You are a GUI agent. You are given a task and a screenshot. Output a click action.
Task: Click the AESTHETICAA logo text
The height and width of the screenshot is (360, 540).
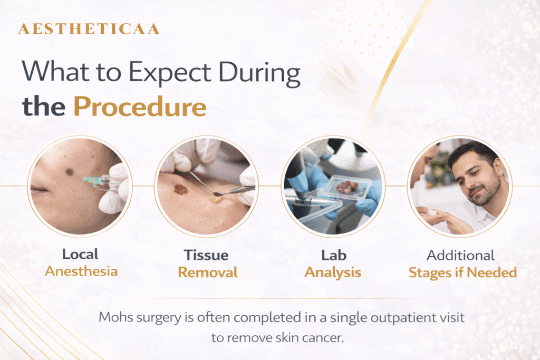click(x=89, y=29)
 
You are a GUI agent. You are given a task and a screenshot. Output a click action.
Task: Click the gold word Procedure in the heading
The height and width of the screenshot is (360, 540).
click(x=140, y=106)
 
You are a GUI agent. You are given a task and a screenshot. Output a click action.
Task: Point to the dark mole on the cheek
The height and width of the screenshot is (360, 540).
click(x=70, y=172)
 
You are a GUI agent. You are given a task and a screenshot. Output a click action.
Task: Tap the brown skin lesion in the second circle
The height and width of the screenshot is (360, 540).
click(x=180, y=189)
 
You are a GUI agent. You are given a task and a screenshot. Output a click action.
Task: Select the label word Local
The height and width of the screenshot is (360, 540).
click(x=80, y=254)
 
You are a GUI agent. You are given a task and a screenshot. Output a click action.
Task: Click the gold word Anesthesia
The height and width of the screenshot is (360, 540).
click(x=81, y=271)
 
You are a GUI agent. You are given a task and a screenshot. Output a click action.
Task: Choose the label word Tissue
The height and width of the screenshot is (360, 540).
click(x=206, y=255)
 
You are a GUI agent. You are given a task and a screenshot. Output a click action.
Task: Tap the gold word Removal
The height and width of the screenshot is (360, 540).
click(x=208, y=272)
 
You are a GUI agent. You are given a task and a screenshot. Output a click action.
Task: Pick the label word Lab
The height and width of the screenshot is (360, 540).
click(x=334, y=255)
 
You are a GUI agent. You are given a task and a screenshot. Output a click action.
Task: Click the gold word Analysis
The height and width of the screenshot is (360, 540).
click(x=333, y=273)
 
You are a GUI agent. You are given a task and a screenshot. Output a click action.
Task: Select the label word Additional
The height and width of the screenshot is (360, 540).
click(x=461, y=255)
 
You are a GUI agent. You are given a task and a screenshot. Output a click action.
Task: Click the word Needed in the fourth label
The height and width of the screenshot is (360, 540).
click(x=492, y=273)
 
